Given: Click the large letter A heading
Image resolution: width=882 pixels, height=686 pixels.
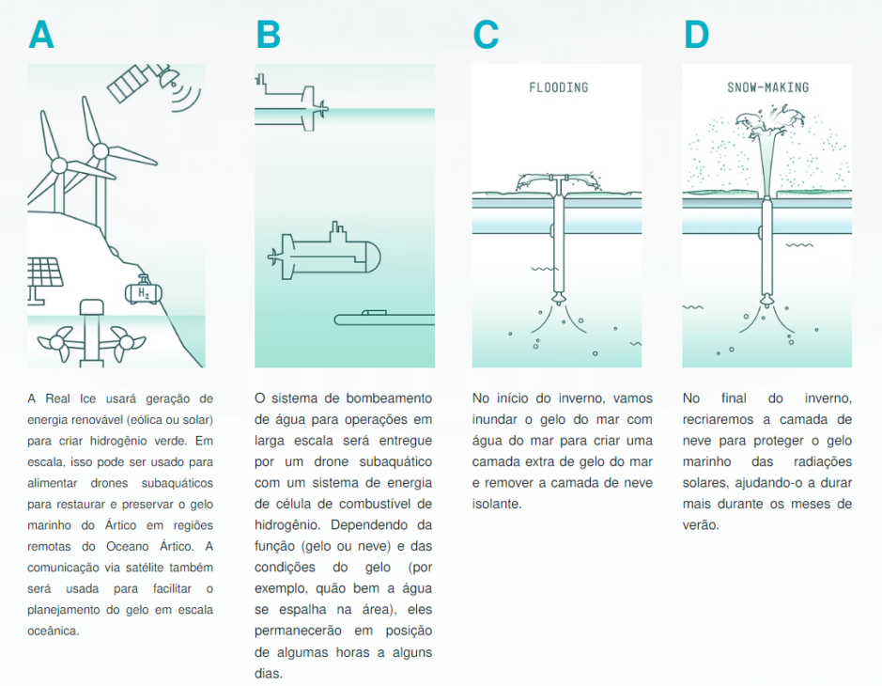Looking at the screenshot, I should [x=41, y=35].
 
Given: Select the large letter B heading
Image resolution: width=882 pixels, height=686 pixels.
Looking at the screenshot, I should [x=268, y=35].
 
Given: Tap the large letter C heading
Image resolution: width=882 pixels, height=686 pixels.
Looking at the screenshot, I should [x=486, y=35].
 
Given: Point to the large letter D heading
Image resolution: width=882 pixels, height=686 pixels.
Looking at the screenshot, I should [x=696, y=35].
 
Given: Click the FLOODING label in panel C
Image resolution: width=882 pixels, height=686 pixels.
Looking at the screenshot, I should [x=558, y=87].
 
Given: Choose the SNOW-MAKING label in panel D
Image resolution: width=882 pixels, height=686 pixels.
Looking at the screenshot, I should [x=767, y=87].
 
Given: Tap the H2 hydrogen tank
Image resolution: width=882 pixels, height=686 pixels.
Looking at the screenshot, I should [x=143, y=292].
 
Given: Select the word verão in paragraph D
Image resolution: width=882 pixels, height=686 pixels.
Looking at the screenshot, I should [x=701, y=525].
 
